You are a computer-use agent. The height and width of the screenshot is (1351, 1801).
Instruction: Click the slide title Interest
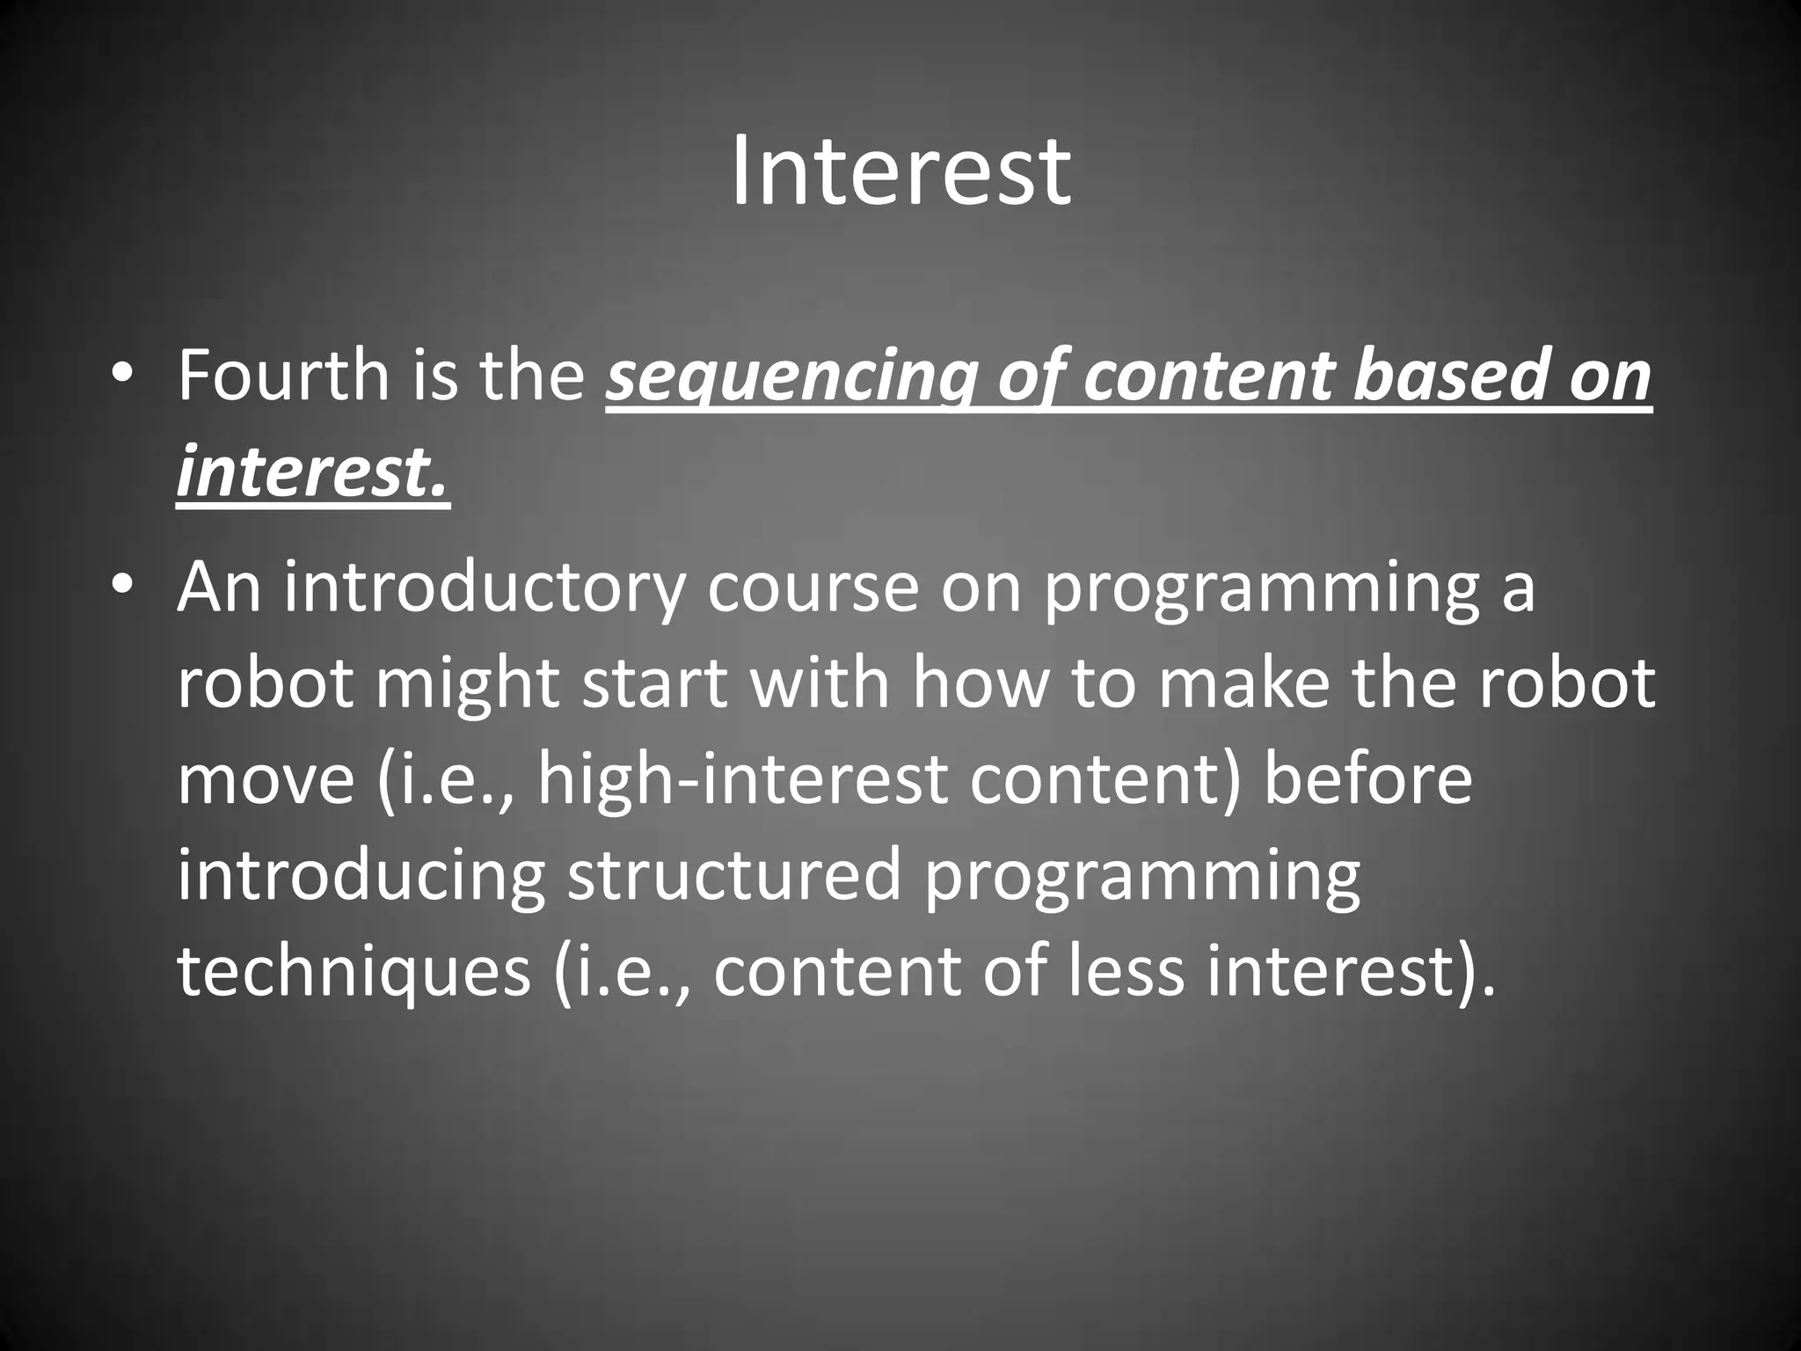[x=900, y=172]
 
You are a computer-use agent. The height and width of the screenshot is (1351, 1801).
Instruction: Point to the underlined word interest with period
[x=313, y=473]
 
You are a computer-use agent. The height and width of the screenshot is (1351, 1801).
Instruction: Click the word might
[x=468, y=683]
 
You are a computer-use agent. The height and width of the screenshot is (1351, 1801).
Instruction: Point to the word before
[x=1367, y=779]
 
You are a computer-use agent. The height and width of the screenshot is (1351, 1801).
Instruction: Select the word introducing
[x=361, y=876]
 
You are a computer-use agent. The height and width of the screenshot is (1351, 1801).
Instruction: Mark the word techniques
[x=354, y=972]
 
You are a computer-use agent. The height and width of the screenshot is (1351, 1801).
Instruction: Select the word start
[x=655, y=683]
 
